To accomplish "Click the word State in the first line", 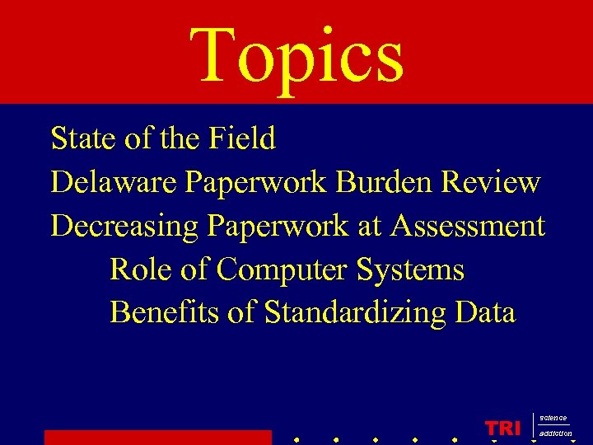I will click(83, 138).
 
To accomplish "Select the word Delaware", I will click(113, 182).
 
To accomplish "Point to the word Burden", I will click(384, 182).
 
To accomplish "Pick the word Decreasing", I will click(124, 226).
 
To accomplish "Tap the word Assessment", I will click(468, 226).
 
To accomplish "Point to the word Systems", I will click(413, 269).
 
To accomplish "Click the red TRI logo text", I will click(503, 429).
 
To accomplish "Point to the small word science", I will click(553, 419).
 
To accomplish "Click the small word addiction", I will click(555, 433).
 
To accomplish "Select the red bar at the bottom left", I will click(157, 437).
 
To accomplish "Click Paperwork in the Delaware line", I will click(257, 182).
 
